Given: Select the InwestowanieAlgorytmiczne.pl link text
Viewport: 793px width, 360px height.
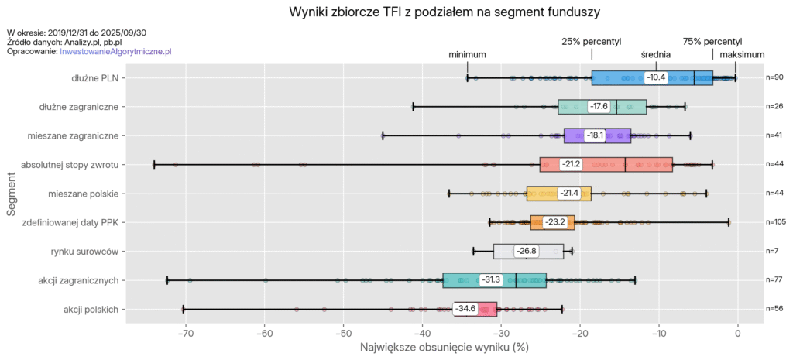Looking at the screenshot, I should (115, 50).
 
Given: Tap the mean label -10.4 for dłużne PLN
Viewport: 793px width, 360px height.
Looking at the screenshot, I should (656, 77).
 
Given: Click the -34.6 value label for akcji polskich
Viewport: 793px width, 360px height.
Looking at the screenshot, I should (465, 309).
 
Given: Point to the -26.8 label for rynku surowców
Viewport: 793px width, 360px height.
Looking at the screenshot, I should (526, 252).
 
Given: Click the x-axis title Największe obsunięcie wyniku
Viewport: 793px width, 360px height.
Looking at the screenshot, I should (444, 348).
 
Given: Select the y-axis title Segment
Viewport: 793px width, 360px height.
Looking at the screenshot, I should (12, 194).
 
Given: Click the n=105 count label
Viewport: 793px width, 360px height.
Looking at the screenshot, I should (776, 222).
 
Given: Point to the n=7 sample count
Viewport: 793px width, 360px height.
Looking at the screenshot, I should (773, 252).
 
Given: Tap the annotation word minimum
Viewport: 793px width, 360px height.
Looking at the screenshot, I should (467, 55).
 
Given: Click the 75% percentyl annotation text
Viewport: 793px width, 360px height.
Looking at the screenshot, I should (712, 41).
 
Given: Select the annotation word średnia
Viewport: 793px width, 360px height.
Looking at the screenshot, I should (656, 55).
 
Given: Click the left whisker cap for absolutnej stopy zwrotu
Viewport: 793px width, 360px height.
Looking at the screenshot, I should (154, 164).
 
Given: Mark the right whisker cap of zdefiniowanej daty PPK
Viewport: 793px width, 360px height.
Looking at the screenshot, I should (729, 222).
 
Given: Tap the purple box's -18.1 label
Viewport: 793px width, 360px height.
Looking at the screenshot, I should (595, 135).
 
